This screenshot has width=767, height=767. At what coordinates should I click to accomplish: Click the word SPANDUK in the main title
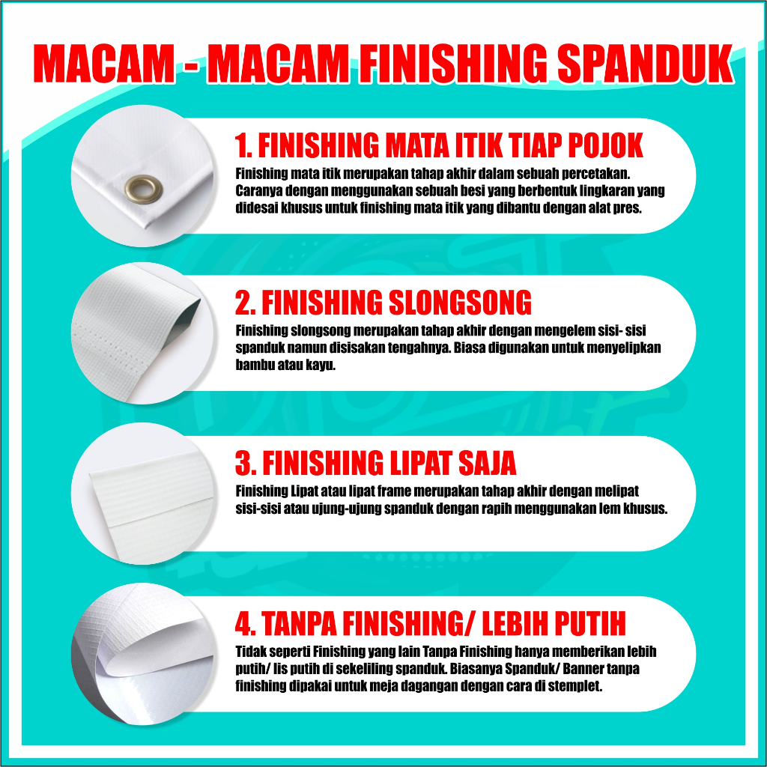pos(645,64)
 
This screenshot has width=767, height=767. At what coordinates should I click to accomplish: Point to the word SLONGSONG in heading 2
pos(460,303)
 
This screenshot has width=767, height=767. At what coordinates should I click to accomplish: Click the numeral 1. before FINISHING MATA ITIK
pos(243,145)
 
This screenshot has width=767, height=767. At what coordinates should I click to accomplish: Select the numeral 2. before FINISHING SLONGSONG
pos(245,303)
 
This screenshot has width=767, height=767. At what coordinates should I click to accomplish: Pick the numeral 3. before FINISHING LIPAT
pos(245,463)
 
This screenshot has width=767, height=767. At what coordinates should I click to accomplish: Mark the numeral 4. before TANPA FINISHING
pos(245,623)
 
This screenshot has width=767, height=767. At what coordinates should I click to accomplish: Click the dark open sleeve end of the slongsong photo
pos(188,318)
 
